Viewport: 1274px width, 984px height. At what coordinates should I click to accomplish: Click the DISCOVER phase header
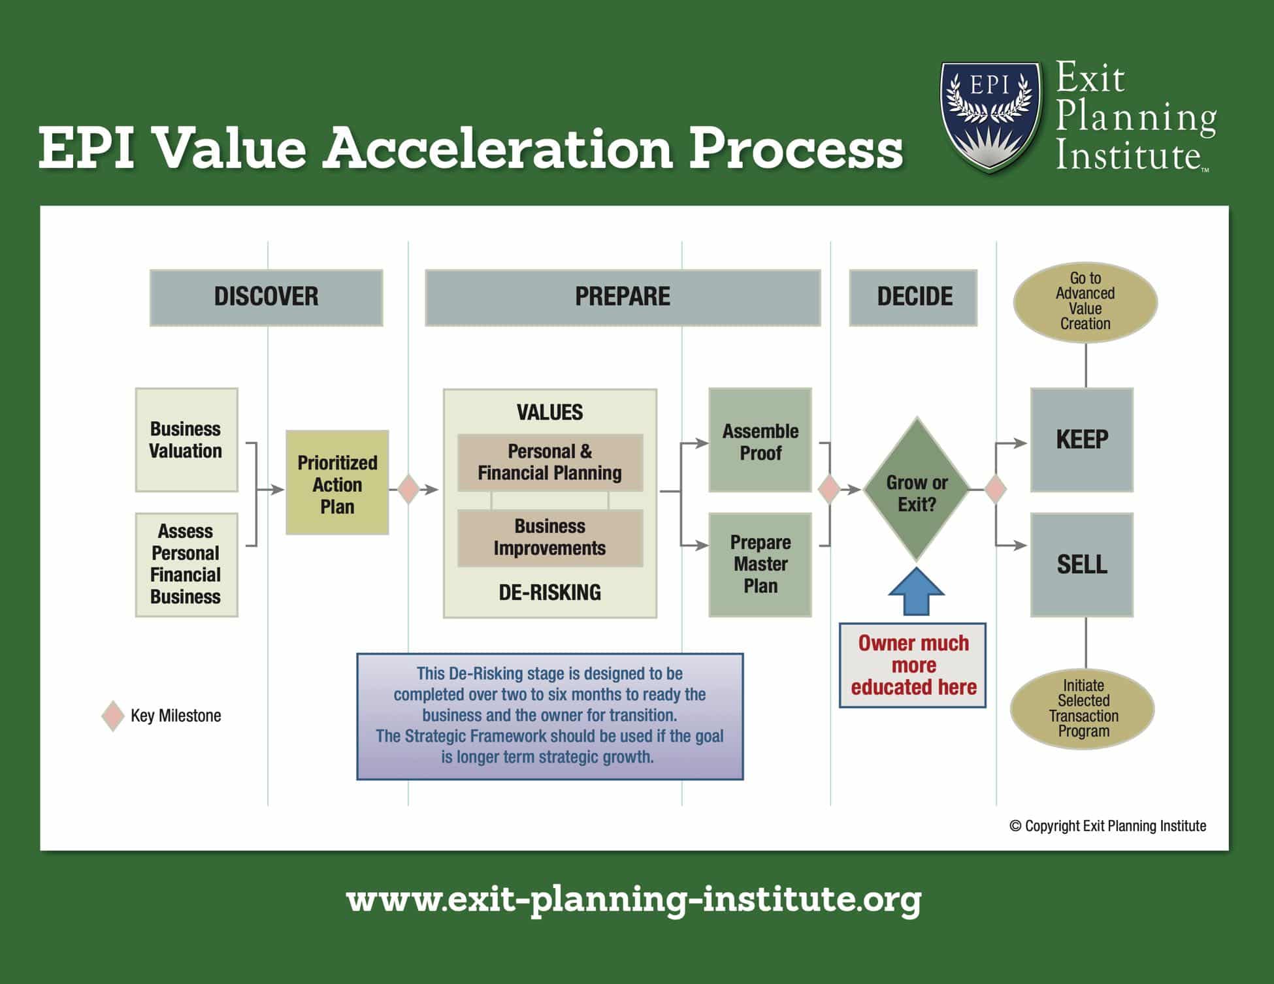pos(266,297)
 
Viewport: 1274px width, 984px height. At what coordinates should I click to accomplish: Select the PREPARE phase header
pos(623,297)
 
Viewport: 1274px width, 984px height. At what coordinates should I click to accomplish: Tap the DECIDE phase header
pos(913,297)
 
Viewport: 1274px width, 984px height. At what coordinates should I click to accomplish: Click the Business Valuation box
pos(186,439)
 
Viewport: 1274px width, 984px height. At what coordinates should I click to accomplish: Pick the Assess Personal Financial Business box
pos(186,564)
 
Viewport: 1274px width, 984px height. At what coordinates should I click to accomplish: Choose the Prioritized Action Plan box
pos(337,483)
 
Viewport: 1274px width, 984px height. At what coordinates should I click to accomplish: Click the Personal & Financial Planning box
pos(550,462)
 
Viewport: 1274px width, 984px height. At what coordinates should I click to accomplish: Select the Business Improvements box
pos(550,537)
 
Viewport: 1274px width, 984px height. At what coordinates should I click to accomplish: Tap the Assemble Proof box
pos(760,439)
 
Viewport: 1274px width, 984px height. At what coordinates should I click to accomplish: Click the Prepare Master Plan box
pos(760,564)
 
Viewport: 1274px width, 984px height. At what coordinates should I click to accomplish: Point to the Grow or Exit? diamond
pos(917,490)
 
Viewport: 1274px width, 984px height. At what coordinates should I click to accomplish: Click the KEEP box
pos(1082,439)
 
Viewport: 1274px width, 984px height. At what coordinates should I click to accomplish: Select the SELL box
pos(1082,564)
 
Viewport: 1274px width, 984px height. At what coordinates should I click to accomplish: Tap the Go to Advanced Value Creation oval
pos(1085,302)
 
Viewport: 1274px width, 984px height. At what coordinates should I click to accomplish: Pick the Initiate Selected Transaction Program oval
pos(1083,708)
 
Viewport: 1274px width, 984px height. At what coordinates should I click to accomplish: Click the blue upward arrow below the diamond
pos(916,591)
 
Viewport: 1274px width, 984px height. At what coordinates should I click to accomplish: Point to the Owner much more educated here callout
pos(913,665)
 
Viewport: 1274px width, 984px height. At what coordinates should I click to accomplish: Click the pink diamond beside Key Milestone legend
pos(113,716)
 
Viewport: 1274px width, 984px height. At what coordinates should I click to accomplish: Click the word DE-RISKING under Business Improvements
pos(550,592)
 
